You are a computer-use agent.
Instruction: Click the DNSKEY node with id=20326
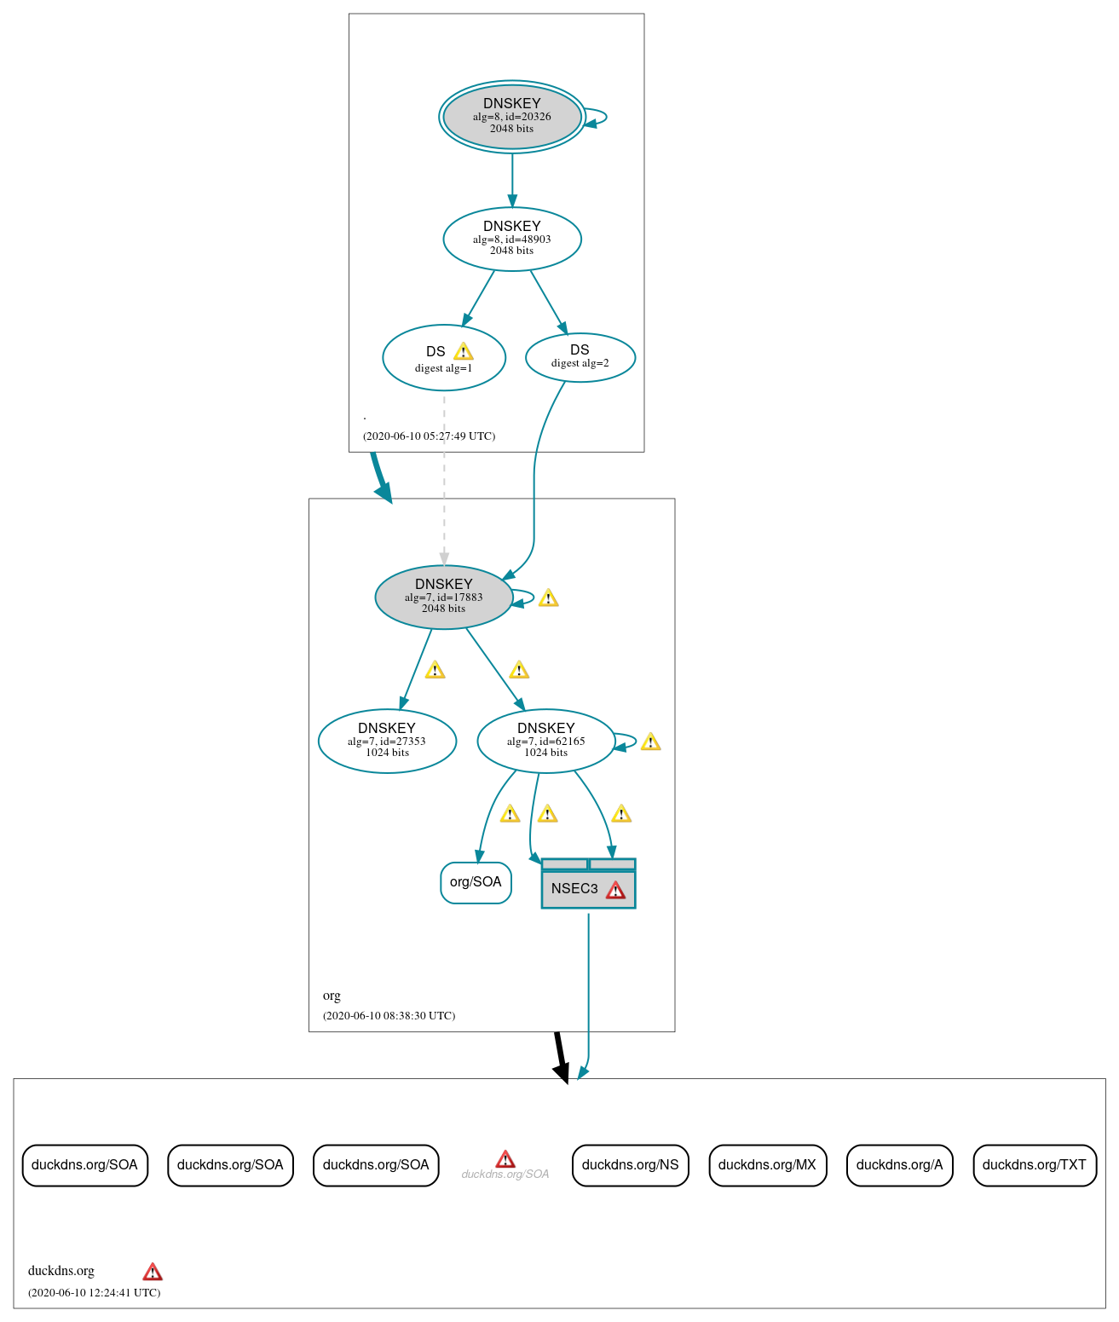click(x=511, y=117)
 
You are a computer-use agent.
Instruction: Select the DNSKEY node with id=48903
click(x=511, y=239)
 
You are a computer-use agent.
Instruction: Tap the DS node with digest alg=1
click(x=443, y=358)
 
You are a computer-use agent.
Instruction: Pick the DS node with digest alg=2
click(x=580, y=357)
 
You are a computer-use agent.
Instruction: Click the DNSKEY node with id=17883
click(x=443, y=597)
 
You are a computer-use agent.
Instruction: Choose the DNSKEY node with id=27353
click(x=387, y=741)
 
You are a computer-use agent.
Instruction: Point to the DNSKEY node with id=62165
click(x=545, y=741)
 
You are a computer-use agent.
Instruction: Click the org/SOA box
click(x=476, y=882)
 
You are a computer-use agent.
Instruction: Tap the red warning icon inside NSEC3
click(x=615, y=891)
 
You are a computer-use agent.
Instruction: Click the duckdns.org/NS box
click(x=630, y=1165)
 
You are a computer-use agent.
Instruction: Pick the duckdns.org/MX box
click(x=767, y=1165)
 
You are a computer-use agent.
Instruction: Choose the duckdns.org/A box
click(x=899, y=1165)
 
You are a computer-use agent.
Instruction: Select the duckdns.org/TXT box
click(x=1034, y=1165)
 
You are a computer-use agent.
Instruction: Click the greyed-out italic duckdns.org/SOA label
click(x=505, y=1175)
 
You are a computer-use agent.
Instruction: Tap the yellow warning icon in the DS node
click(x=463, y=351)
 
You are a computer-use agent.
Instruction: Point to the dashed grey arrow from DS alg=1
click(x=444, y=477)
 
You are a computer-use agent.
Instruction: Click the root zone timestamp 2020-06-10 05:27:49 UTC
click(x=429, y=436)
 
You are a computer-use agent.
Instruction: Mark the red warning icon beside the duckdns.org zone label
click(x=153, y=1272)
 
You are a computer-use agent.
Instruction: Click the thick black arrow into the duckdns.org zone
click(x=560, y=1057)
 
